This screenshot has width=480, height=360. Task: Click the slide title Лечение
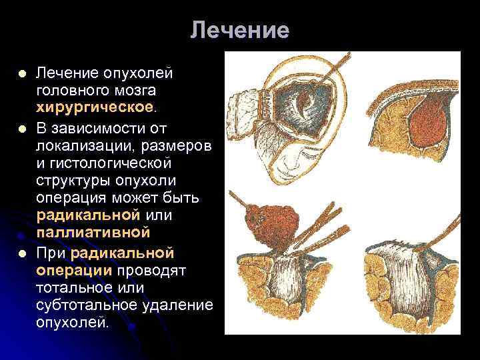(239, 31)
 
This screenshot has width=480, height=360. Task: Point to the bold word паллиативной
(93, 233)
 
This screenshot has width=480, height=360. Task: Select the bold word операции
(75, 269)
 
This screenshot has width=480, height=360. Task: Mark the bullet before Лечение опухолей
(22, 71)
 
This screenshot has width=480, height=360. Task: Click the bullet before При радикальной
(22, 253)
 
